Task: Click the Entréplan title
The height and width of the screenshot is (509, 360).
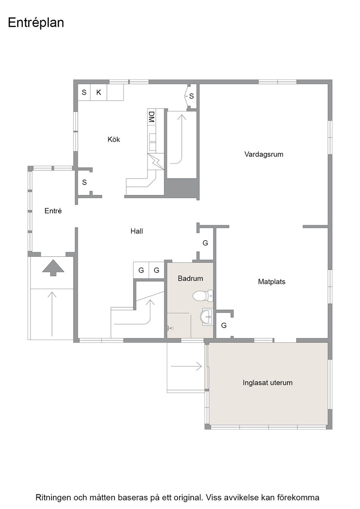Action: [x=36, y=23]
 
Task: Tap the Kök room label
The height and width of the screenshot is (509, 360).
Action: [x=114, y=139]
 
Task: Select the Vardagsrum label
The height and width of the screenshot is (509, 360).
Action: [x=264, y=154]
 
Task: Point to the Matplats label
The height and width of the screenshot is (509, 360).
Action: [x=271, y=282]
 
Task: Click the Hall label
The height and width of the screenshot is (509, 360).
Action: [x=137, y=231]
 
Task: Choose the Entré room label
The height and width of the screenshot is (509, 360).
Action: [x=53, y=211]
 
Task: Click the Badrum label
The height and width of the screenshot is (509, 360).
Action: [x=190, y=279]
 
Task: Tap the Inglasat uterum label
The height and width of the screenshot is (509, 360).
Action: [x=267, y=383]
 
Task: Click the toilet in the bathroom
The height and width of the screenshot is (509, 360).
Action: [x=203, y=296]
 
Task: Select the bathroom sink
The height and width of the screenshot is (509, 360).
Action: [x=206, y=316]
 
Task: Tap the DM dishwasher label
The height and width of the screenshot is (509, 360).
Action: [x=151, y=116]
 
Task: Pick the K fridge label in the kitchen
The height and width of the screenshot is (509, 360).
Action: [x=99, y=92]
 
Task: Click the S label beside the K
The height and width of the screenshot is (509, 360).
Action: [x=84, y=92]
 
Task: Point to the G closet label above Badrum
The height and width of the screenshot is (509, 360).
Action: [x=205, y=243]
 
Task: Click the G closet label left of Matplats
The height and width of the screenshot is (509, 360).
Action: [x=224, y=325]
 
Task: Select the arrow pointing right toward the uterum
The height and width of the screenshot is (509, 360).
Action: [x=186, y=366]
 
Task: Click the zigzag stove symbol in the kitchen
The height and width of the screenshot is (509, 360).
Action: [x=155, y=161]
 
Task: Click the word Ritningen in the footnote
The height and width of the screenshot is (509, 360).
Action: [x=53, y=497]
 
